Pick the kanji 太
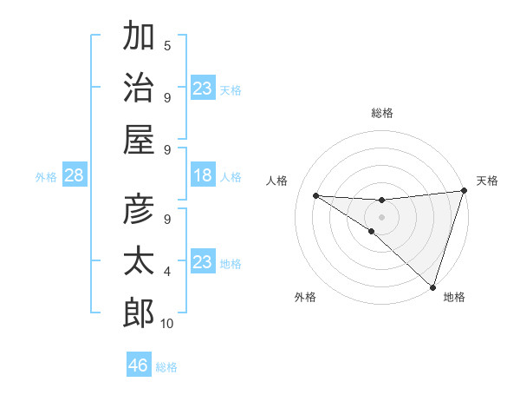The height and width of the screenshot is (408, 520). coord(139,261)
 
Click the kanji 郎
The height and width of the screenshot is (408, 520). coord(139,312)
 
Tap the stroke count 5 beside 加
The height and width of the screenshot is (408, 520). coord(167,46)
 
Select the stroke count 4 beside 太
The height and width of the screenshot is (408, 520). coord(167,272)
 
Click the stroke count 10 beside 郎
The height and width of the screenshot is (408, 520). coord(167,324)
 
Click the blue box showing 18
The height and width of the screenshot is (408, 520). coord(203,176)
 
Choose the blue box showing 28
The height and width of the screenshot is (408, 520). coord(75,176)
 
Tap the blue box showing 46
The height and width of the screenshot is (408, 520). coord(139,365)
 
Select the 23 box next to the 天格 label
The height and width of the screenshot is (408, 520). coord(203,89)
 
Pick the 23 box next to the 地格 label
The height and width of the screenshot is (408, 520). coord(203,262)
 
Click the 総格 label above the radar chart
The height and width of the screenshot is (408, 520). coord(382,113)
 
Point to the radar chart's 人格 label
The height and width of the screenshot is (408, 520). coord(277,181)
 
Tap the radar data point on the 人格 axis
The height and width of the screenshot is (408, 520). coord(315,195)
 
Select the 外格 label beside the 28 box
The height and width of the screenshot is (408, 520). coord(46,177)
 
